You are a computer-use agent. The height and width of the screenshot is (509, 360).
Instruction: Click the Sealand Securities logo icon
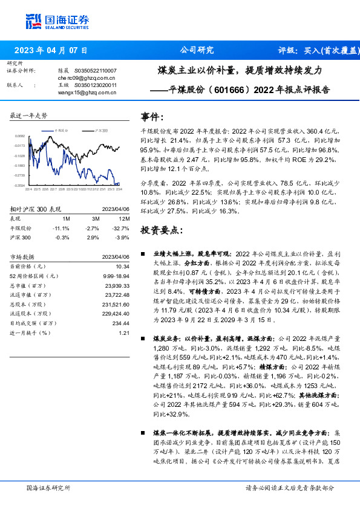(x=34, y=21)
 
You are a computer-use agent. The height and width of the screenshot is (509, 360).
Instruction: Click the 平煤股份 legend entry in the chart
(x=61, y=130)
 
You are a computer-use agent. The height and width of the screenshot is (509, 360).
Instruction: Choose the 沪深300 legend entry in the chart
(x=101, y=130)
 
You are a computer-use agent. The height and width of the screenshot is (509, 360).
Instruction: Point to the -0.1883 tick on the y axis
(x=20, y=165)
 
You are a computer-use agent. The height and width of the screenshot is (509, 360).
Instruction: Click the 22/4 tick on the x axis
(x=28, y=189)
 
